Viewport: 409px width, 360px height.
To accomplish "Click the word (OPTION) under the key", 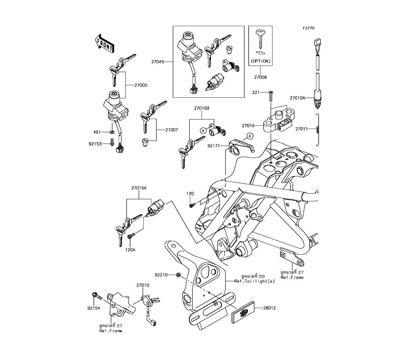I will point(261,61).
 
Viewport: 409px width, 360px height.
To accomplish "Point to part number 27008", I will point(261,77).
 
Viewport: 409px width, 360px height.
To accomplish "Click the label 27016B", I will point(202,109).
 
